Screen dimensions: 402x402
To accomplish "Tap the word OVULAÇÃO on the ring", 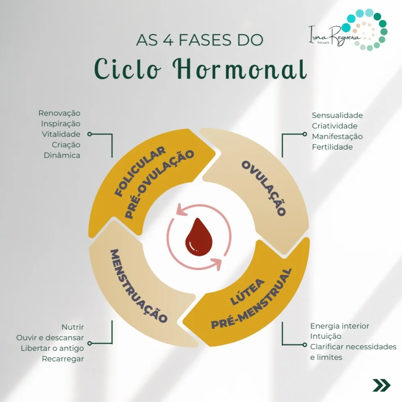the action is (x=263, y=188).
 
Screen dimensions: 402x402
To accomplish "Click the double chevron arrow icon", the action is (x=381, y=385).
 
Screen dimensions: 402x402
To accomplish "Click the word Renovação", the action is (x=59, y=113).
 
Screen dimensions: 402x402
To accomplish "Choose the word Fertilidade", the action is (x=332, y=147).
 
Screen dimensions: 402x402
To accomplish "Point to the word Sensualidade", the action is (x=337, y=116).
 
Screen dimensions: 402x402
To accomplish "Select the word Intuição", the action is (x=326, y=336).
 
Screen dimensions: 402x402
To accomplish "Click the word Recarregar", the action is (x=63, y=359).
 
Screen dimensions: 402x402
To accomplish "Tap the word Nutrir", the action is (x=73, y=326).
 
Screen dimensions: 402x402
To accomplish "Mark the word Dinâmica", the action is (x=62, y=155).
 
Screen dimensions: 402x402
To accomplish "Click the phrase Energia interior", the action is (x=339, y=326).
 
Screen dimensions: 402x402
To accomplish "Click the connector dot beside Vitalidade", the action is (x=89, y=134).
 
